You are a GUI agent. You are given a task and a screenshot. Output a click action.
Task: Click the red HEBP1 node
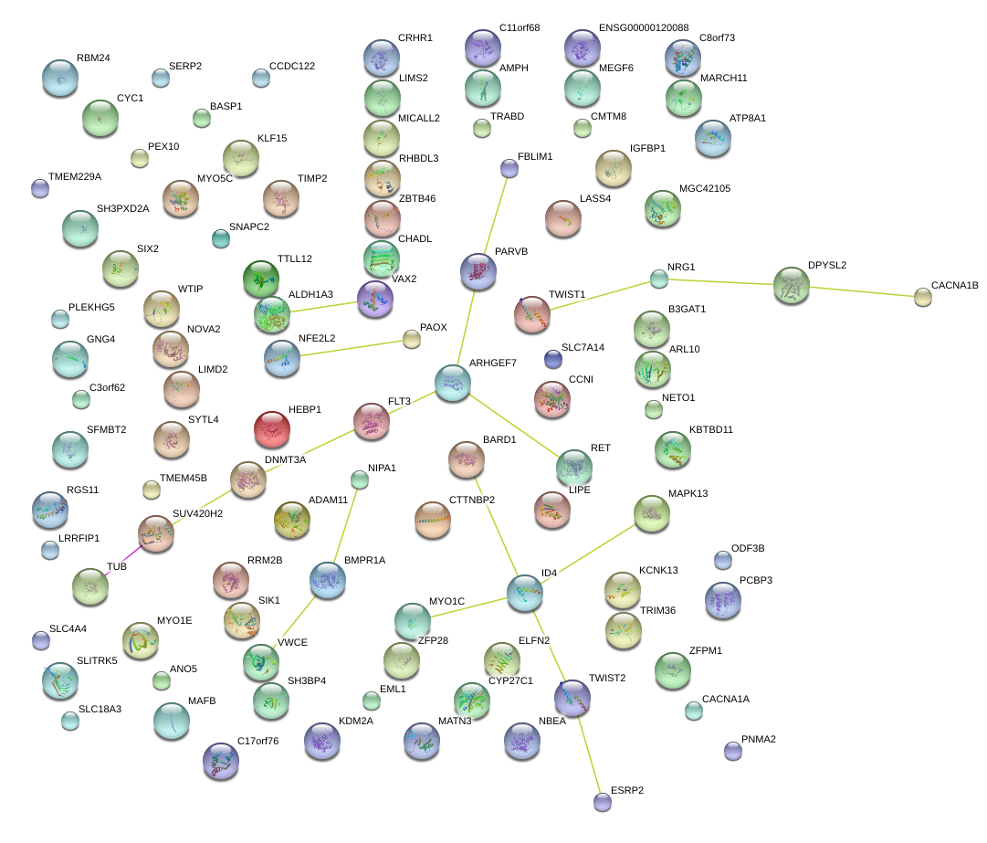[273, 428]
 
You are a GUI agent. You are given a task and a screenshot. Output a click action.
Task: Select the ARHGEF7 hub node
[452, 383]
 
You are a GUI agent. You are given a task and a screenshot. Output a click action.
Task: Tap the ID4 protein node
[525, 593]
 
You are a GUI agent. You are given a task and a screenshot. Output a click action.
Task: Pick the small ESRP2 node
[602, 801]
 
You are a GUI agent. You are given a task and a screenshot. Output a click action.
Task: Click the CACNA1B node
[923, 297]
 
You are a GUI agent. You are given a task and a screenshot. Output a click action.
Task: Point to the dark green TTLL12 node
[261, 279]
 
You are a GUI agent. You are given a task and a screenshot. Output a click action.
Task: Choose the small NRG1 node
[659, 279]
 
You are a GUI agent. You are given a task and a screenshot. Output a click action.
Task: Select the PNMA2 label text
[758, 739]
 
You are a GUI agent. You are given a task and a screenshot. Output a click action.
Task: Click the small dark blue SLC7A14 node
[553, 359]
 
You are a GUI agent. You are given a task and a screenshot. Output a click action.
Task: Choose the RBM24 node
[60, 78]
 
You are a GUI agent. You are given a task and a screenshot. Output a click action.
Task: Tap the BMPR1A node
[328, 579]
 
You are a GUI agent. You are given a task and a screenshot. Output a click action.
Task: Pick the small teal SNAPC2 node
[220, 238]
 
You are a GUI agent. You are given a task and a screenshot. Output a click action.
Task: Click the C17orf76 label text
[257, 741]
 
